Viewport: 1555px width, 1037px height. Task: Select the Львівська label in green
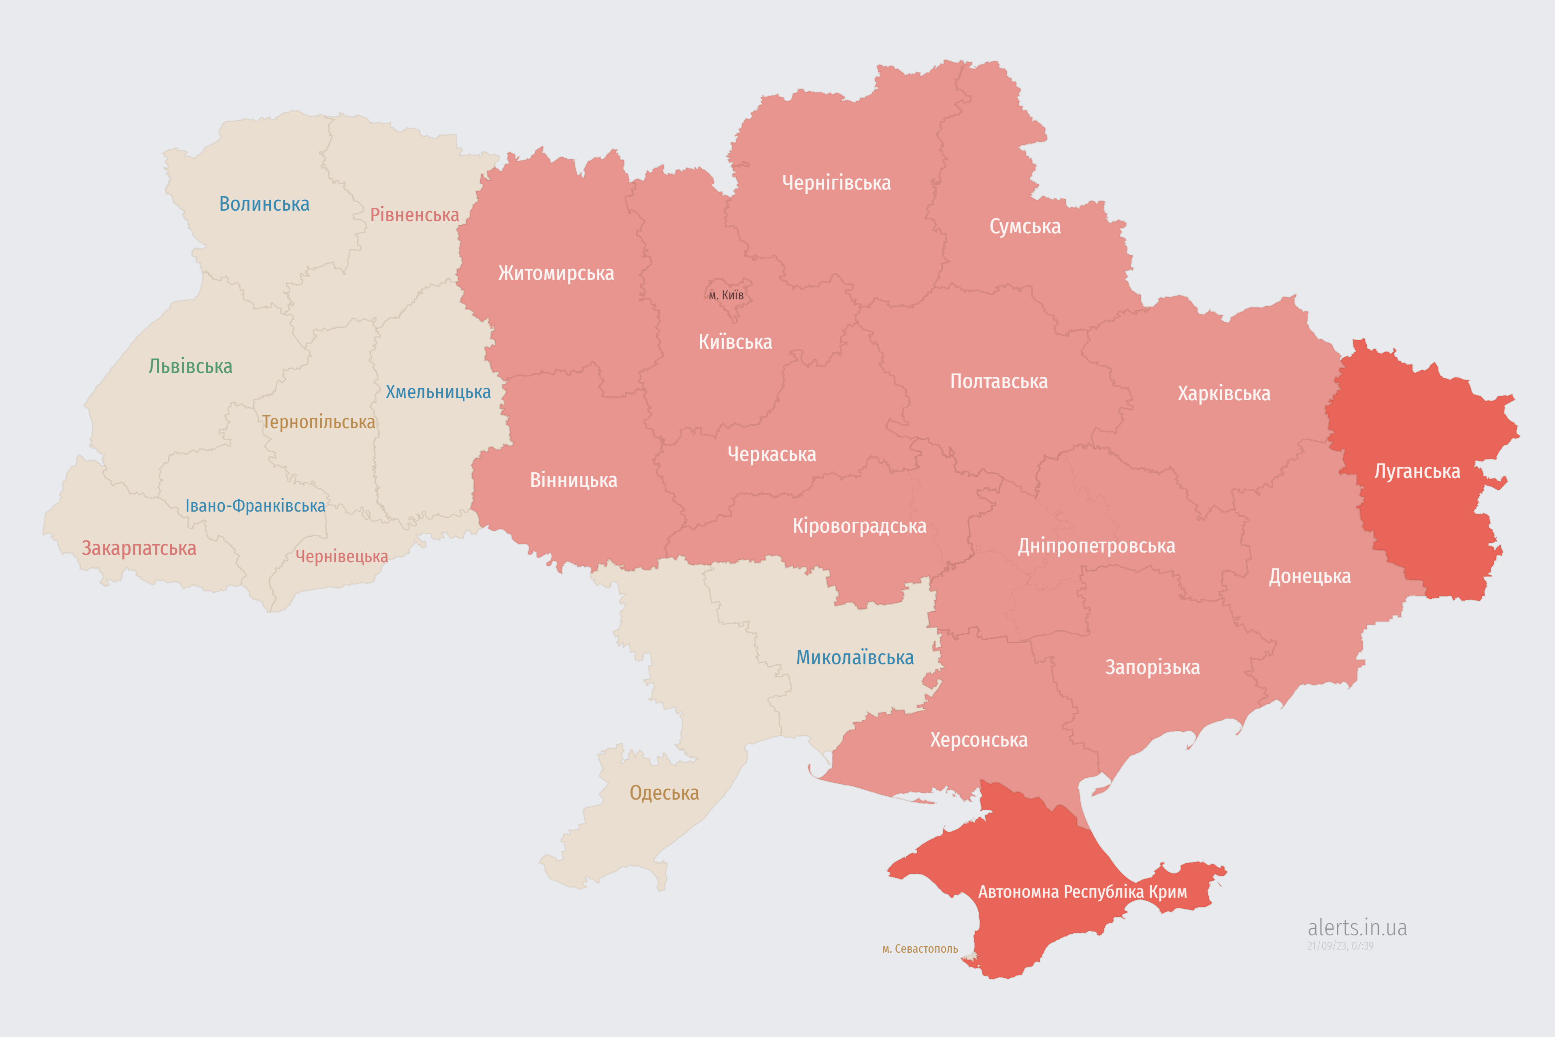click(190, 366)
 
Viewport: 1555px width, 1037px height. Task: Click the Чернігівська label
click(836, 183)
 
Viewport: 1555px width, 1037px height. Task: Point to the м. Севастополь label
click(920, 949)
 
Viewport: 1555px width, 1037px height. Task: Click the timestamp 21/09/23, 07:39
click(1340, 946)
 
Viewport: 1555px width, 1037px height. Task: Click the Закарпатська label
click(139, 548)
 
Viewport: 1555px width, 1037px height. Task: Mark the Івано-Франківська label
click(255, 506)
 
